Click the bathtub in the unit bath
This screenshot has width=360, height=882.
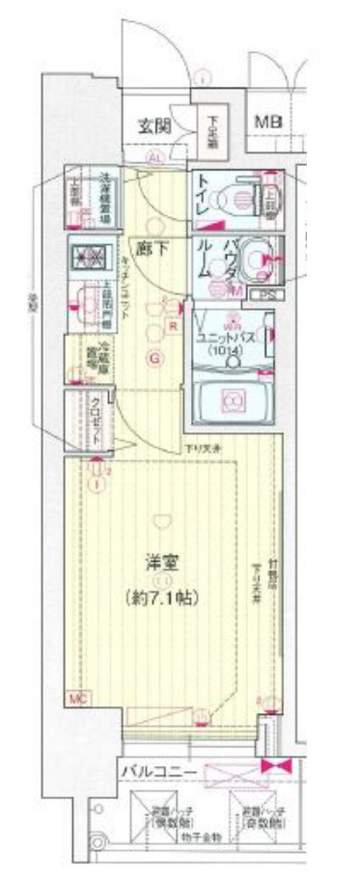pos(232,398)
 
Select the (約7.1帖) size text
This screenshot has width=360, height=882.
pos(162,598)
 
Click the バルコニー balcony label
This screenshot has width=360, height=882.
pos(158,771)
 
